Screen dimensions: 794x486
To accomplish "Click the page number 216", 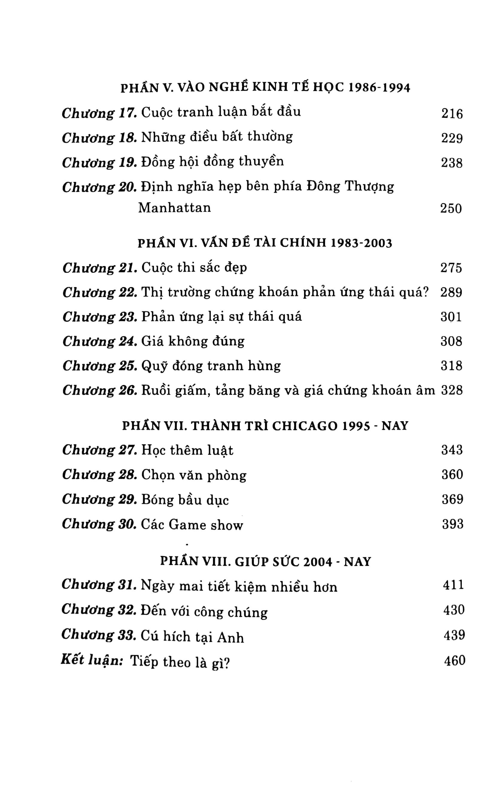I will click(452, 114).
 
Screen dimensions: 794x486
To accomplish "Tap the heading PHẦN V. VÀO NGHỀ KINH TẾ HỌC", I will click(265, 88).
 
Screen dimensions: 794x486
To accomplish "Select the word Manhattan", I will click(174, 207).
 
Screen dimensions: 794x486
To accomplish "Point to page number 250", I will click(451, 208).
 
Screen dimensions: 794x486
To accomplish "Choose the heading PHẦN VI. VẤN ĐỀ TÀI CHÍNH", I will click(265, 243).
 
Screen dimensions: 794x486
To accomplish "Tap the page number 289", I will click(451, 293).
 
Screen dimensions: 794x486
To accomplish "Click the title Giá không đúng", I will click(193, 341).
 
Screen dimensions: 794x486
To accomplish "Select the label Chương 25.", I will click(100, 366).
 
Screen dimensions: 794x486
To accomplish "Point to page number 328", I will click(452, 390).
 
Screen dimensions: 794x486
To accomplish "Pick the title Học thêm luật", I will click(187, 450).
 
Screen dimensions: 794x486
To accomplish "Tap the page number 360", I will click(452, 474).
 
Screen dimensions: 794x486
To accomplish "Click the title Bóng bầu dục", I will click(185, 500).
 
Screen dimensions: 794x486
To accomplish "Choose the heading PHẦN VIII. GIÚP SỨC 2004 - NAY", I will click(265, 562).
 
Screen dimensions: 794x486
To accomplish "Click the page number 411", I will click(453, 584).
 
